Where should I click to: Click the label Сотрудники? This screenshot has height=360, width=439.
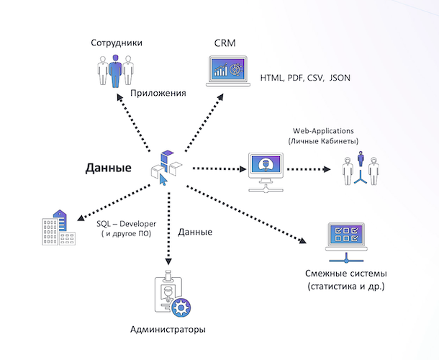(117, 43)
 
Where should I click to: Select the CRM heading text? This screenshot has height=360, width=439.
(225, 43)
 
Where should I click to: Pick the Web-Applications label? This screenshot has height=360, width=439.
(323, 130)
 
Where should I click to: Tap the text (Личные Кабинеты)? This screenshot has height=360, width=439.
(323, 141)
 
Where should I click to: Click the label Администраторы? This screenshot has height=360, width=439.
(168, 329)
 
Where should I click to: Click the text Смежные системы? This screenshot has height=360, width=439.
(346, 274)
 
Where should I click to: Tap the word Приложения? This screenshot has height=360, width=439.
(158, 93)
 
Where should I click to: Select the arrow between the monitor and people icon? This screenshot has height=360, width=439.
(310, 171)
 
